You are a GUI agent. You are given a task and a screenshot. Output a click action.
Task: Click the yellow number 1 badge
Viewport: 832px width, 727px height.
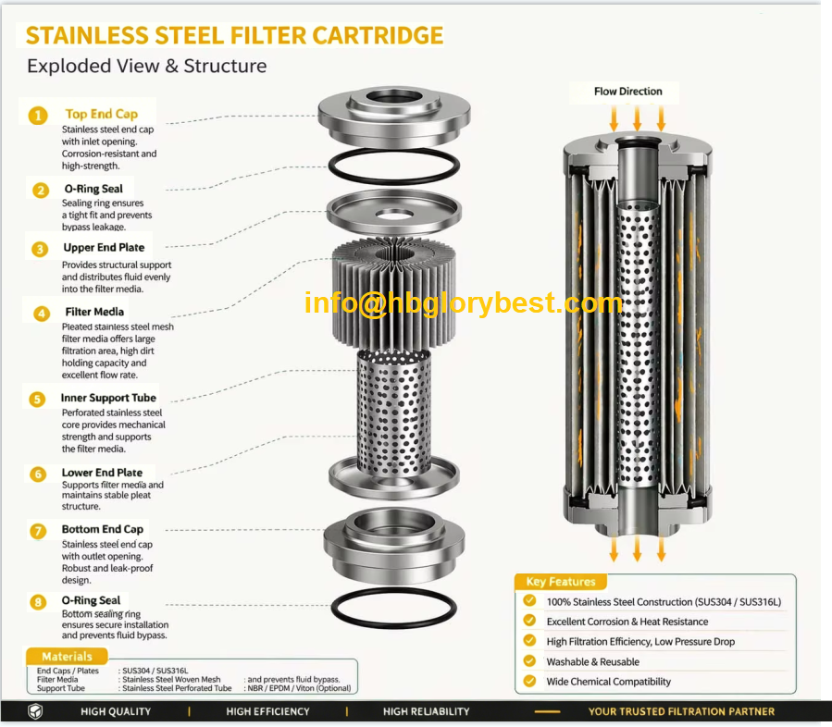tap(38, 115)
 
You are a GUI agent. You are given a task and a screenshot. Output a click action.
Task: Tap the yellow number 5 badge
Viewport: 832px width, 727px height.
tap(37, 399)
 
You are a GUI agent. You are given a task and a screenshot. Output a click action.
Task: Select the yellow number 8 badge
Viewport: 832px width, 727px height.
tap(38, 602)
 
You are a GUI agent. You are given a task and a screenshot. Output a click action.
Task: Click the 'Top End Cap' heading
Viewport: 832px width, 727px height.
tap(102, 114)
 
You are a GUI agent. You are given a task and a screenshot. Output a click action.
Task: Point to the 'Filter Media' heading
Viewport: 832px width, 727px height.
tap(94, 312)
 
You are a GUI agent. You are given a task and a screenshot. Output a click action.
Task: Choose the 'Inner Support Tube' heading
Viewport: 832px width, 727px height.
tap(108, 398)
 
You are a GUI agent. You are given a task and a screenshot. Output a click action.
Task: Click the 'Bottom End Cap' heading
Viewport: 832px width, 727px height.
tap(103, 529)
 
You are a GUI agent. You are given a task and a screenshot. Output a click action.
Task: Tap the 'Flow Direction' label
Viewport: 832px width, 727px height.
tap(628, 92)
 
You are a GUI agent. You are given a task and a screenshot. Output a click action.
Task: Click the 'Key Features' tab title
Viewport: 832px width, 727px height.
tap(561, 582)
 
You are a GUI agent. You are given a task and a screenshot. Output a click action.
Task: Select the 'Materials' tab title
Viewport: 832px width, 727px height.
tap(67, 657)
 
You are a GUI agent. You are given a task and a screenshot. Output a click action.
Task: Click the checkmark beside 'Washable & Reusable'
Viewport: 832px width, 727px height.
tap(529, 660)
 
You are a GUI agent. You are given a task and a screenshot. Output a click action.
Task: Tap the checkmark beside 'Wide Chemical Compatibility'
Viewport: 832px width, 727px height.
tap(529, 681)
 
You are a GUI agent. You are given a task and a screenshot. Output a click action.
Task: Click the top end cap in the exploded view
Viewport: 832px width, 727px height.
tap(394, 116)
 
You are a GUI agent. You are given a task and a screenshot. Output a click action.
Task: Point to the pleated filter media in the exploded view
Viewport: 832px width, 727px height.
tap(393, 294)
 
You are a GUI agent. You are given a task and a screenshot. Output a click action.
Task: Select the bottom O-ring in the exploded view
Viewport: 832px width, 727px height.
tap(393, 607)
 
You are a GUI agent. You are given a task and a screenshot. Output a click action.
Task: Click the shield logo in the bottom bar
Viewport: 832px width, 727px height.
tap(35, 711)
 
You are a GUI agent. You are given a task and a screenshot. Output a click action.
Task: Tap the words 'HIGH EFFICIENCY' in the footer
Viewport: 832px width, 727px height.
tap(268, 711)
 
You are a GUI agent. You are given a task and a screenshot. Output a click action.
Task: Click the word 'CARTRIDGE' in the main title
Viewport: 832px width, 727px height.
tap(378, 35)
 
